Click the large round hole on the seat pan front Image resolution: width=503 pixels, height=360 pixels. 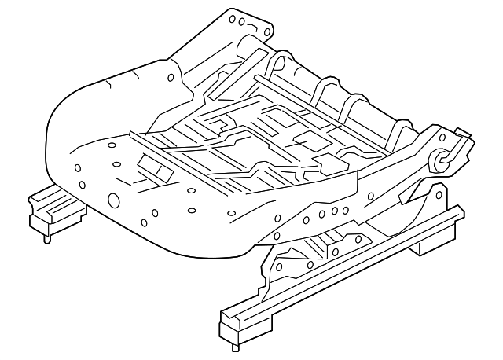pyautogui.click(x=112, y=200)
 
